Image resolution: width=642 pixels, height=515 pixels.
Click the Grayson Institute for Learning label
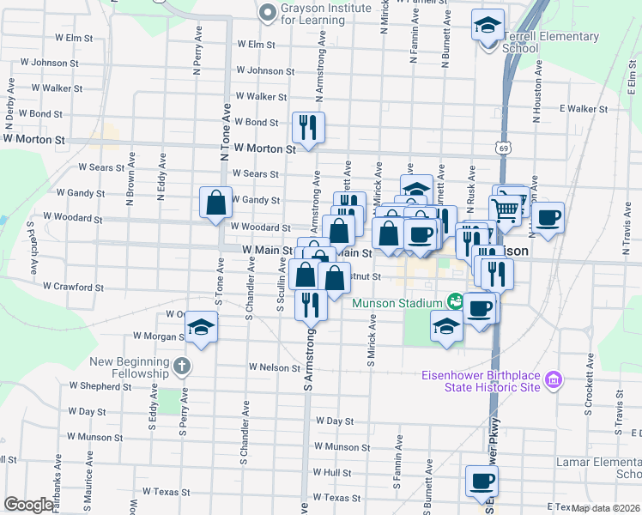[326, 14]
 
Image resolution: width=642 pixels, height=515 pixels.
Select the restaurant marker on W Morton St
[308, 128]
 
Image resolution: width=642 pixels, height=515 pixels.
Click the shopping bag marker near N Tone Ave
[216, 203]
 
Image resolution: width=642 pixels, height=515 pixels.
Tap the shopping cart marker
[506, 209]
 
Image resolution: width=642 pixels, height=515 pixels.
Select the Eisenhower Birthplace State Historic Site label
[481, 380]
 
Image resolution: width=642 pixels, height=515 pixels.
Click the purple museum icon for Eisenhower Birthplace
[553, 378]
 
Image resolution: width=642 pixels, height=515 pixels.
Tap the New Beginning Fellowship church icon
[180, 367]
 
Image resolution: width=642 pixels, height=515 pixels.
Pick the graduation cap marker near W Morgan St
[202, 327]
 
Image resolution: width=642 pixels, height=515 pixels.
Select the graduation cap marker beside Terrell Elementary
[488, 25]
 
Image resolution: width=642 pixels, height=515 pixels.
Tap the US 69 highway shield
[501, 148]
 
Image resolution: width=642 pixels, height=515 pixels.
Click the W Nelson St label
[273, 367]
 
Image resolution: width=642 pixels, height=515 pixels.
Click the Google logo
[28, 505]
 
